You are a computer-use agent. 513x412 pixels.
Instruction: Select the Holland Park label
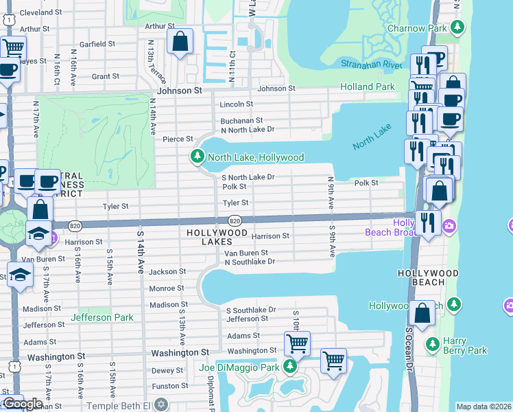pyautogui.click(x=368, y=87)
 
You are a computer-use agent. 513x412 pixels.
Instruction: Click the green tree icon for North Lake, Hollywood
pyautogui.click(x=198, y=157)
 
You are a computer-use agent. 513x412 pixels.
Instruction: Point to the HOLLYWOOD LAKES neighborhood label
pyautogui.click(x=217, y=238)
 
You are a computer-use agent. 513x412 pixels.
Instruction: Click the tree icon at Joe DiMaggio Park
pyautogui.click(x=290, y=367)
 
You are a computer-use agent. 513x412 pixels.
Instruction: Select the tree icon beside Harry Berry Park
pyautogui.click(x=433, y=343)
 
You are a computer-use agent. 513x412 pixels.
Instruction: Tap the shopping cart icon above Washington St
pyautogui.click(x=297, y=343)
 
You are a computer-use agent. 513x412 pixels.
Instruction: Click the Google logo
pyautogui.click(x=22, y=404)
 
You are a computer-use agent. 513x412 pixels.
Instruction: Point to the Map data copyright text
pyautogui.click(x=484, y=407)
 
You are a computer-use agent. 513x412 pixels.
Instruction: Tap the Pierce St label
pyautogui.click(x=178, y=139)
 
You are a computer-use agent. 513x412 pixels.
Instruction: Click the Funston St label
pyautogui.click(x=169, y=387)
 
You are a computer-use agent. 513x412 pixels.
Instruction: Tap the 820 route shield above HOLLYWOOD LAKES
pyautogui.click(x=235, y=220)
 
